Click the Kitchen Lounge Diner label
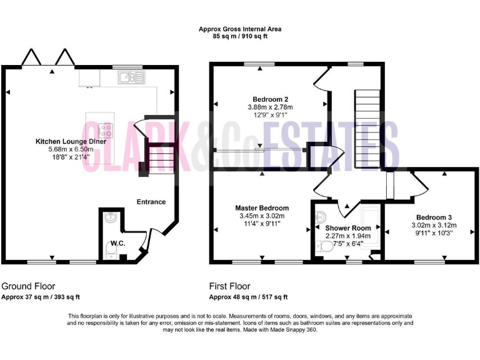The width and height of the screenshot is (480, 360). [71, 142]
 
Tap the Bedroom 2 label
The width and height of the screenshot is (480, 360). [270, 99]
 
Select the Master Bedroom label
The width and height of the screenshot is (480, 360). [262, 208]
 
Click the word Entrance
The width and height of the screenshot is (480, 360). [151, 202]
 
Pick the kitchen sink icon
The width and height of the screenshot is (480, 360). [132, 77]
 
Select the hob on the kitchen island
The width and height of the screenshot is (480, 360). [105, 131]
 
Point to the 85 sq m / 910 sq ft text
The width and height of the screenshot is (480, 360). [240, 37]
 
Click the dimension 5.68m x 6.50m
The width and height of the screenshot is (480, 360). [71, 149]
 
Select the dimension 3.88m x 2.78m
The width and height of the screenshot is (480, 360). [270, 107]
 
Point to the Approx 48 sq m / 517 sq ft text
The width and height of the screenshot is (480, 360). [248, 297]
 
